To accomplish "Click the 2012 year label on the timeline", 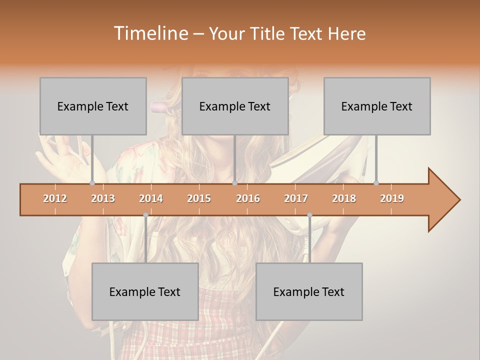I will (55, 198).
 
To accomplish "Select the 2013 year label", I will (103, 198).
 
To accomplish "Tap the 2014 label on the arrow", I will (151, 198).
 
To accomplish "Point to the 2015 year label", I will (199, 198).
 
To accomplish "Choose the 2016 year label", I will (248, 198).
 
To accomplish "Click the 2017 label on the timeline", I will (296, 198).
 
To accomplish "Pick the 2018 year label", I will (344, 198).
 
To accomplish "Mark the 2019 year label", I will (392, 198).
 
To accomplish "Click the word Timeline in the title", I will (150, 33).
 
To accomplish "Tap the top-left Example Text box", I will (93, 106).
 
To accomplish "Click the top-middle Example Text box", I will (235, 106).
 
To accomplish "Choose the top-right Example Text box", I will (377, 106).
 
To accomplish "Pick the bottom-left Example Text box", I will (145, 291).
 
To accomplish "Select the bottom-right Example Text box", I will (309, 291).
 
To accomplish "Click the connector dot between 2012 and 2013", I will (92, 183).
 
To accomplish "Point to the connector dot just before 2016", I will (234, 183).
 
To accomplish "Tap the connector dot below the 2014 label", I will (145, 215).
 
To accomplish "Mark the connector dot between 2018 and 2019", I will (376, 183).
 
